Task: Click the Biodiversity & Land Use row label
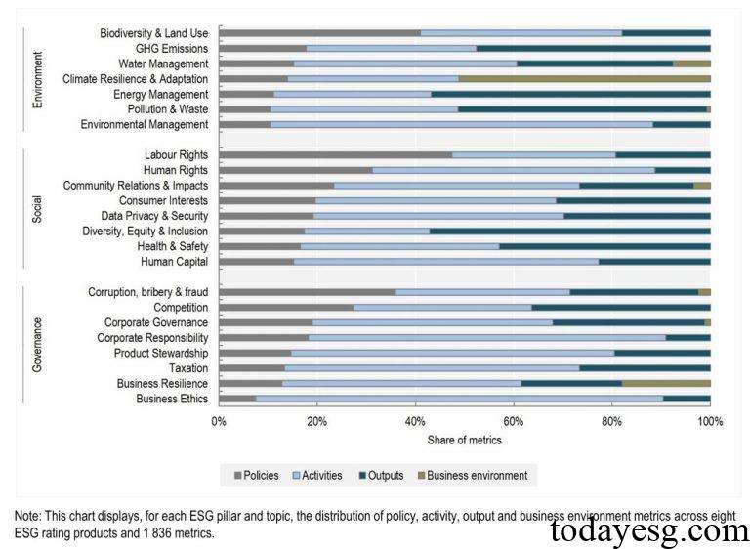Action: (153, 33)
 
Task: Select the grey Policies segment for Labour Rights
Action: (335, 154)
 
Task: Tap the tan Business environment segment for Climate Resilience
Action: (584, 78)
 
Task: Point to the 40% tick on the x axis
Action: (416, 422)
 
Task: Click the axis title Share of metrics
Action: (464, 441)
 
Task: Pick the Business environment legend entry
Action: (478, 476)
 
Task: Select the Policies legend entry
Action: (258, 476)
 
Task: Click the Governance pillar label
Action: (37, 344)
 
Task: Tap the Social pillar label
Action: (37, 207)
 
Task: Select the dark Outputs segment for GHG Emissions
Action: (593, 48)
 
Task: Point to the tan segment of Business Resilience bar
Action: (666, 384)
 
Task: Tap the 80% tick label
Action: (612, 422)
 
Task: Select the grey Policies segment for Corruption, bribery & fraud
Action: (306, 292)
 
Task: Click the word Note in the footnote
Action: (28, 515)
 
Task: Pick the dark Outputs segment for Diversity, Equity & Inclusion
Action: (569, 231)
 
